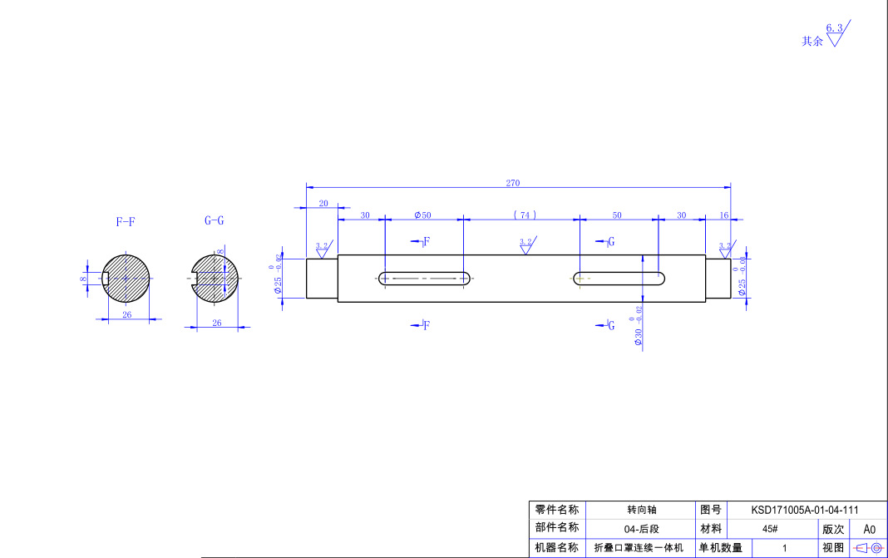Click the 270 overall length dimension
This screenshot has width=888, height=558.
tap(512, 183)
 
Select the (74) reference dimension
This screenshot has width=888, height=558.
tap(525, 215)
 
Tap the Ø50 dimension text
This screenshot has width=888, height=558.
tap(423, 215)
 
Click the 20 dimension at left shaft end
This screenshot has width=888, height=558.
tap(323, 203)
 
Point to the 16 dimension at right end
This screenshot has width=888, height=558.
tap(723, 215)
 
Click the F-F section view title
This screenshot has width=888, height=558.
tap(126, 222)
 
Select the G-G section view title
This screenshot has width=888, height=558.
tap(214, 220)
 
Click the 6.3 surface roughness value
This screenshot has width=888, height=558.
tap(834, 27)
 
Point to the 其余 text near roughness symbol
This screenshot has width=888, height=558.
tap(812, 41)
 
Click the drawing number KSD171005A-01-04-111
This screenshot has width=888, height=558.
tap(804, 510)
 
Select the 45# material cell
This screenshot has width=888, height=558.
tap(769, 529)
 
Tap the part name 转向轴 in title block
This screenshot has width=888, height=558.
tap(641, 510)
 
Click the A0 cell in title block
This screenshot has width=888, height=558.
tap(870, 529)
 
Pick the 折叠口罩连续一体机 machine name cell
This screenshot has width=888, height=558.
tap(639, 548)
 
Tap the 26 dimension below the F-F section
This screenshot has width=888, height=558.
tap(127, 314)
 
